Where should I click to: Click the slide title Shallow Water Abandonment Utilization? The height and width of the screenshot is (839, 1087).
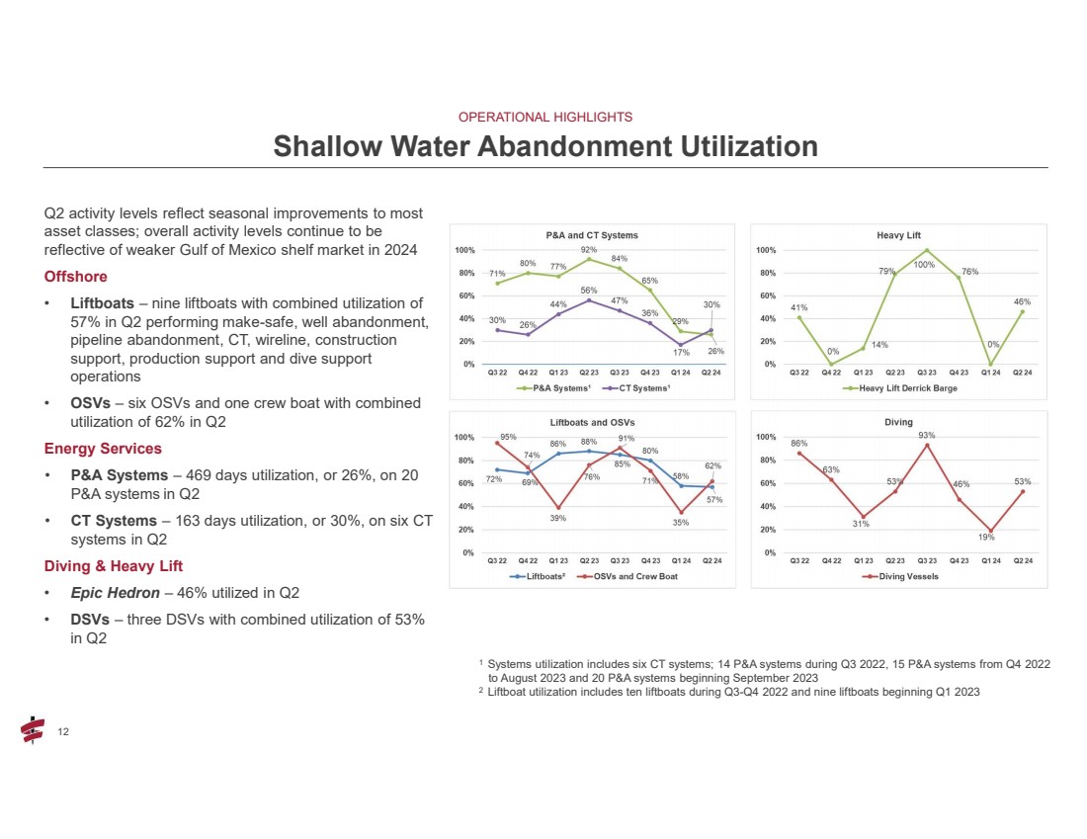tap(544, 146)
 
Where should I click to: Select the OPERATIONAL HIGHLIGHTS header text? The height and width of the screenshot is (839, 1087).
tap(545, 117)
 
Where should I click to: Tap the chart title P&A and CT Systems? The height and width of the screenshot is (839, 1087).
tap(592, 235)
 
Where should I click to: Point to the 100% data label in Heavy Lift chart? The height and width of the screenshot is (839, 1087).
tap(924, 265)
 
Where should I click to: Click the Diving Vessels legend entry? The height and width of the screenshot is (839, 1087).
tap(898, 576)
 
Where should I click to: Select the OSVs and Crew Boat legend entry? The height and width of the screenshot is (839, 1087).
tap(634, 576)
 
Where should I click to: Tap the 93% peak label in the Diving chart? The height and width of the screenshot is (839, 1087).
tap(926, 435)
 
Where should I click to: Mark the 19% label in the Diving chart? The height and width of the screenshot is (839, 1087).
tap(987, 538)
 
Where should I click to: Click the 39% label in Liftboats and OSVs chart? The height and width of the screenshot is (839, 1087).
tap(558, 517)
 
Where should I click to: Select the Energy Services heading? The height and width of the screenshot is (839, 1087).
tap(103, 450)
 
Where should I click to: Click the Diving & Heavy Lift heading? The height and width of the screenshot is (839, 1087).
tap(114, 566)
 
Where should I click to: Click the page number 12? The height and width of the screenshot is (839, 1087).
tap(64, 731)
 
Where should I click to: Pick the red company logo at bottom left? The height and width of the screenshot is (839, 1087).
tap(32, 729)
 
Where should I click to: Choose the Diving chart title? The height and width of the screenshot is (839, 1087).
tap(898, 423)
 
